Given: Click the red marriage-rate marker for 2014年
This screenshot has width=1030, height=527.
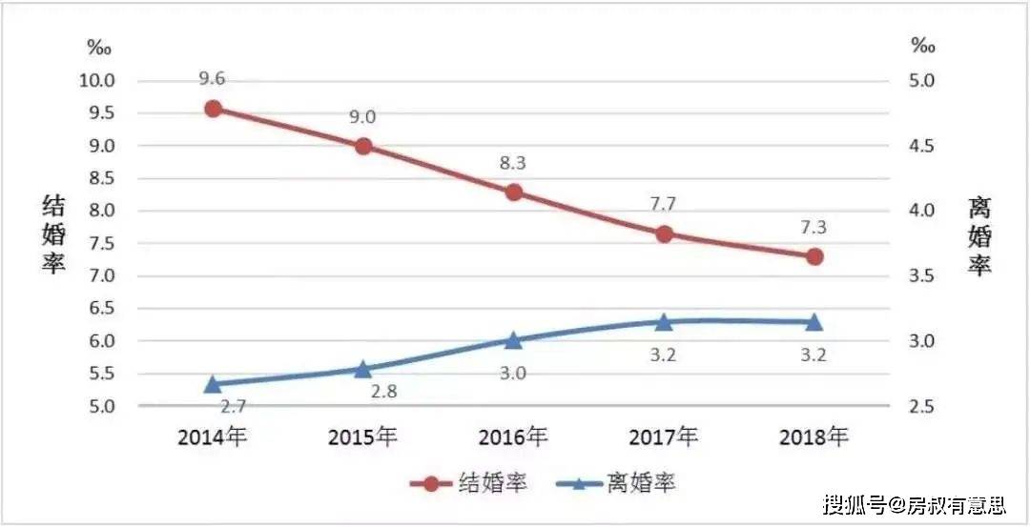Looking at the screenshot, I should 213,109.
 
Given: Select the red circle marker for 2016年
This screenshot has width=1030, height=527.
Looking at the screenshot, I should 513,193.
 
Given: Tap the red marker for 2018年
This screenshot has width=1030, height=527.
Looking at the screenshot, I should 814,256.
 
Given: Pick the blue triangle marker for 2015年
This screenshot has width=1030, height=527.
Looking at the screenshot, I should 362,368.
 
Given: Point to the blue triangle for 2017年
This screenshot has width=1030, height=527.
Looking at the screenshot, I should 663,322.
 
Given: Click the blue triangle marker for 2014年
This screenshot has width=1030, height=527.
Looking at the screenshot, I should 213,384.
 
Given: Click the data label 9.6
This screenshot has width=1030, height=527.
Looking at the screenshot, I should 213,79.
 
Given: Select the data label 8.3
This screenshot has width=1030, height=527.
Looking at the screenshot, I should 513,163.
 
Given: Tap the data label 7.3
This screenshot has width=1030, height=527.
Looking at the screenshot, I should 814,228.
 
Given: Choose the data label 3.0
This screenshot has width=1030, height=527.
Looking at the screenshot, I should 513,373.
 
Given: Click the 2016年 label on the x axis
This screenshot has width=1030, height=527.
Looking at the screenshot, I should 513,437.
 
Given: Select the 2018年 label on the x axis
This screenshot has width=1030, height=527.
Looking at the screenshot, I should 814,437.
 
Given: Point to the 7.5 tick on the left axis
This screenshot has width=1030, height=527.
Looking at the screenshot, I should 99,243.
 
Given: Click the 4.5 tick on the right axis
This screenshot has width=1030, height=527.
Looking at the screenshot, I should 921,146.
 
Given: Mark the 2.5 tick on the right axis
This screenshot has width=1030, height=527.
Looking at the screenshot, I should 921,407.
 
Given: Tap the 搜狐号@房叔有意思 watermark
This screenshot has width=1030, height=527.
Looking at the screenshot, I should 915,503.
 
